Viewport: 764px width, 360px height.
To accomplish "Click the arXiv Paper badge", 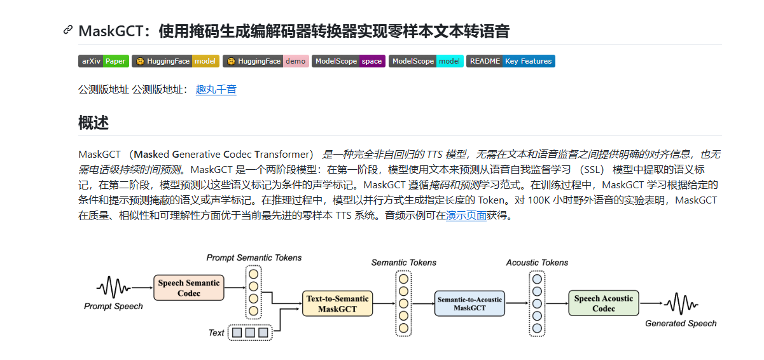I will (x=103, y=61).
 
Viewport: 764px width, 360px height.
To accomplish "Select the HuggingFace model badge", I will (x=175, y=61).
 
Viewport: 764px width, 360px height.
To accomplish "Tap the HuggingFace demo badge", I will (x=265, y=61).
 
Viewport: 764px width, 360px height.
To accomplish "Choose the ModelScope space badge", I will (x=348, y=61).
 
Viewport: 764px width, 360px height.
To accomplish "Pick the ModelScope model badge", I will (x=426, y=61).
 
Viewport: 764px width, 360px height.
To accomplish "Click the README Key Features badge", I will (x=510, y=61).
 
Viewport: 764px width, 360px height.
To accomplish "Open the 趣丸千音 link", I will (x=216, y=90).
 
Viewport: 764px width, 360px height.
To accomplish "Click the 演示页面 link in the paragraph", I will (x=466, y=215).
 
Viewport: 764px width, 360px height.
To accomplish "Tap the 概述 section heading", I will (x=94, y=123).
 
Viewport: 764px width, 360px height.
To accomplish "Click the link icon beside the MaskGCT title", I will (x=68, y=30).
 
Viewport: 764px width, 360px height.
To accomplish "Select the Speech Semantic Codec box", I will (x=188, y=288).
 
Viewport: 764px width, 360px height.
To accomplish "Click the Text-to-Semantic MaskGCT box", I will (x=337, y=304).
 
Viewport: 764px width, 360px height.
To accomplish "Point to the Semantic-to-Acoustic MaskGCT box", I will (x=469, y=304).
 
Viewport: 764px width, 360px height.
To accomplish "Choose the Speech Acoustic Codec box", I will (x=603, y=303).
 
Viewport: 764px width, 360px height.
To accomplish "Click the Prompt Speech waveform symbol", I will (x=113, y=287).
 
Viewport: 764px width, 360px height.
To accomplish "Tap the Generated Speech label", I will (x=681, y=323).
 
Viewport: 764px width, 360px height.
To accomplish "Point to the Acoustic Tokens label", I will (x=537, y=262).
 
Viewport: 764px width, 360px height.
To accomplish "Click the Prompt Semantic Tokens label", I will (x=254, y=258).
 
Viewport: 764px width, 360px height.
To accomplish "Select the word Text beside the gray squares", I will (x=216, y=333).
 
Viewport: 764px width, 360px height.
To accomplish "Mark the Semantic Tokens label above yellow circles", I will (x=404, y=262).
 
